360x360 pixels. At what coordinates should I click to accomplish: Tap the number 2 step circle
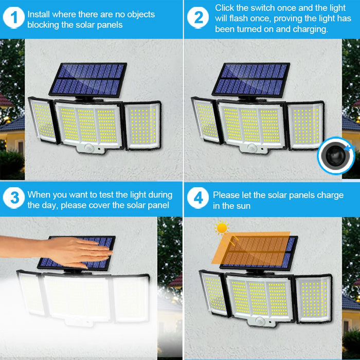click(x=199, y=18)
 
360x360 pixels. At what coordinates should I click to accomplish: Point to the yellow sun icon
click(x=222, y=227)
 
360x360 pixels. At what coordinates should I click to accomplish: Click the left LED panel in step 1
click(x=44, y=121)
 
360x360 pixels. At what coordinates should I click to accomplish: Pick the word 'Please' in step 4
click(x=226, y=195)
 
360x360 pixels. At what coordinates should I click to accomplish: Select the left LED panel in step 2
click(x=206, y=121)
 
